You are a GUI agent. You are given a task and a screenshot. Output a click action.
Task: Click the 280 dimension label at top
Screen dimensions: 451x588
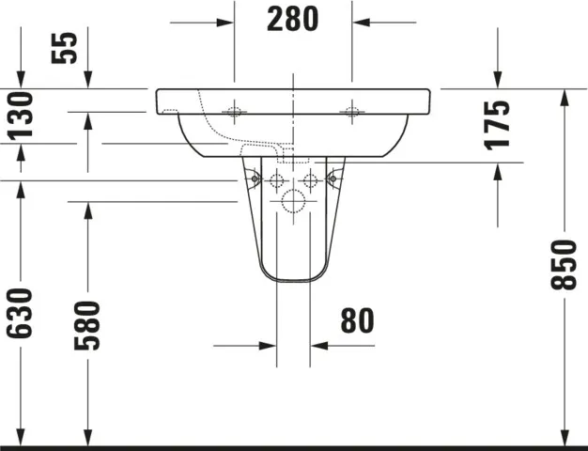(292, 19)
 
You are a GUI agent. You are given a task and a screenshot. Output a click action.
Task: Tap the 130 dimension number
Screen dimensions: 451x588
(21, 115)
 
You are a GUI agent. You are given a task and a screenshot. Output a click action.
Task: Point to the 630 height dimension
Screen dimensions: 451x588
(21, 312)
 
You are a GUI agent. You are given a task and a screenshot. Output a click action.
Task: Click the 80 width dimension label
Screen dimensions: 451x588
(357, 321)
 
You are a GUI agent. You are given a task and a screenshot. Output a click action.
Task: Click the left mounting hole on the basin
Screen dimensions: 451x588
(234, 114)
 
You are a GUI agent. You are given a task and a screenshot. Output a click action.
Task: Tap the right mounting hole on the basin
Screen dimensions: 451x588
(353, 114)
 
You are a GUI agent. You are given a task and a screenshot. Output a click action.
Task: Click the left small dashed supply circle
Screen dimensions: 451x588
(277, 179)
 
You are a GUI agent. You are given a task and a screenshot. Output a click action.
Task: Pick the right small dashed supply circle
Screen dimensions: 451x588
(310, 179)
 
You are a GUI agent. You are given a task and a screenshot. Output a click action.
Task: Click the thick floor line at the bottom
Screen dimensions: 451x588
(294, 447)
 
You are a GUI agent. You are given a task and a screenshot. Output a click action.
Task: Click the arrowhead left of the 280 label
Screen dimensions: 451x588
(225, 20)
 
